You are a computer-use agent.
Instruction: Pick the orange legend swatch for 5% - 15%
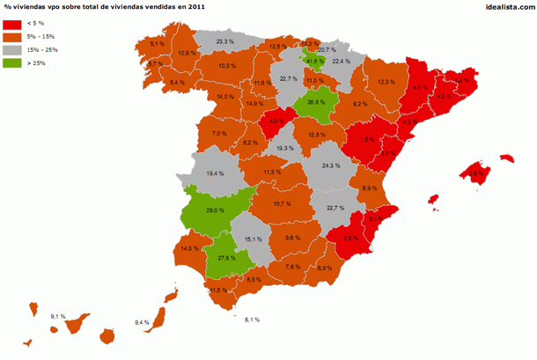pos(13,37)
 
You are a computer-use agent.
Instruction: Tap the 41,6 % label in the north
pos(315,61)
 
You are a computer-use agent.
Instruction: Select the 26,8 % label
pos(317,103)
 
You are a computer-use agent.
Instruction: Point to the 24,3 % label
pos(331,166)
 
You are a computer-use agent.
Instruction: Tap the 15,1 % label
pos(254,239)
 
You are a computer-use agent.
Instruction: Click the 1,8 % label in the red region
pos(368,139)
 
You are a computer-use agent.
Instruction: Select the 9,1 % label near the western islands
pos(58,315)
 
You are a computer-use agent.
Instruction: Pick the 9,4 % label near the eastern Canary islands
pos(143,323)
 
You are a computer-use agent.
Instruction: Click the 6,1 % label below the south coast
pos(254,319)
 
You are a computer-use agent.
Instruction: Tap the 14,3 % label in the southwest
pos(189,248)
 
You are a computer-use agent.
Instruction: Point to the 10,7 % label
pos(283,204)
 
